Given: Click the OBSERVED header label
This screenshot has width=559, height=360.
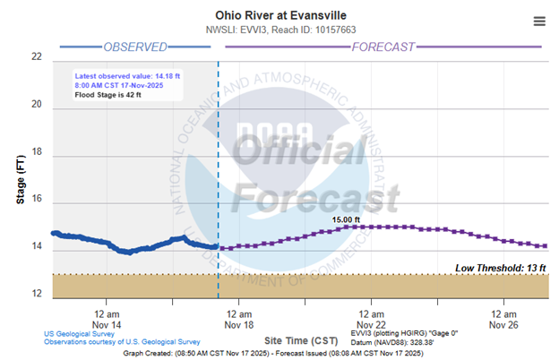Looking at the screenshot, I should point(134,46).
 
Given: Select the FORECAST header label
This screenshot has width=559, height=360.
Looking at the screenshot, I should point(389,46).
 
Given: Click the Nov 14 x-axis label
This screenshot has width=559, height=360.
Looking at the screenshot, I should point(107,323).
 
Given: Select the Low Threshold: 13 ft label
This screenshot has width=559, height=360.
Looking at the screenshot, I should point(501,268).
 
